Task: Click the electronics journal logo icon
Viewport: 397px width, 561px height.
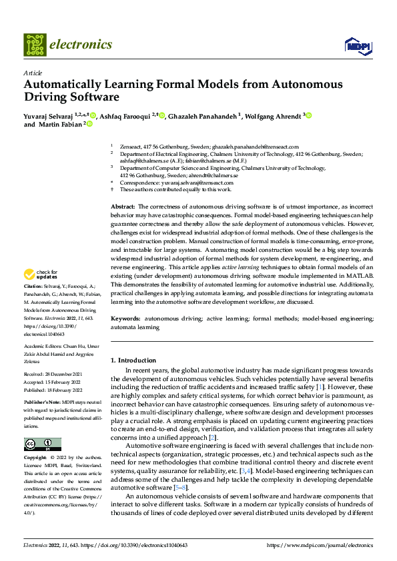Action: click(x=35, y=45)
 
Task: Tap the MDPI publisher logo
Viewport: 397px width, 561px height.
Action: click(x=356, y=45)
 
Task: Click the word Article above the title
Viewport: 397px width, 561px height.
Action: click(x=33, y=73)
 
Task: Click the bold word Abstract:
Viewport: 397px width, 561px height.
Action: click(x=123, y=209)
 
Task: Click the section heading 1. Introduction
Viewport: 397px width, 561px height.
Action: click(x=133, y=360)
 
